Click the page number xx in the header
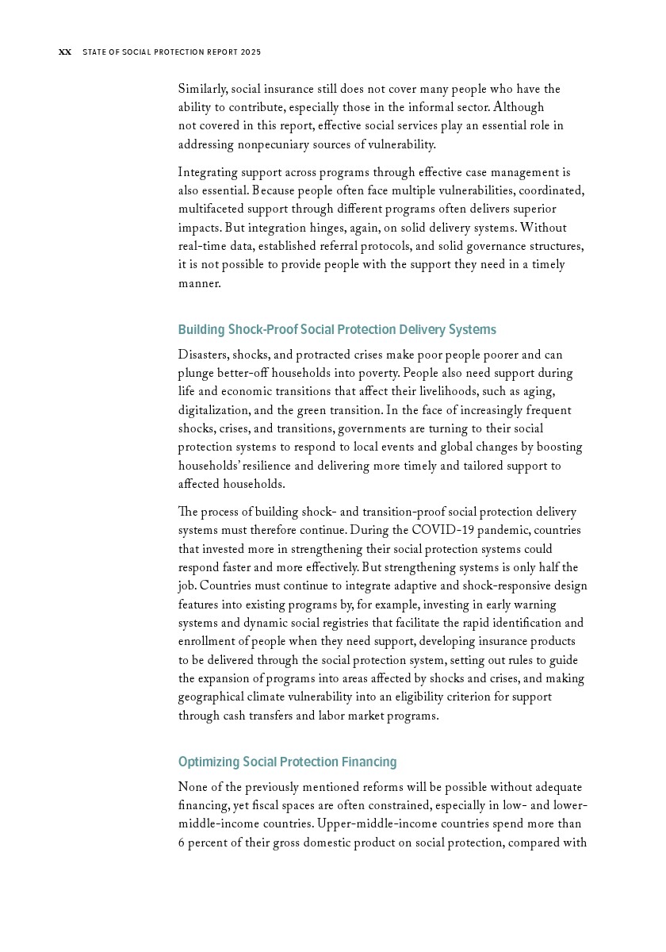[65, 52]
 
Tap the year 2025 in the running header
[251, 52]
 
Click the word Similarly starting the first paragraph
[202, 90]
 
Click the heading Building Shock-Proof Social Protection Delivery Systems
[337, 330]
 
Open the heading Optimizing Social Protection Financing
[287, 762]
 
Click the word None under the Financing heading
[193, 788]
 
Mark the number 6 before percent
[182, 843]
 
